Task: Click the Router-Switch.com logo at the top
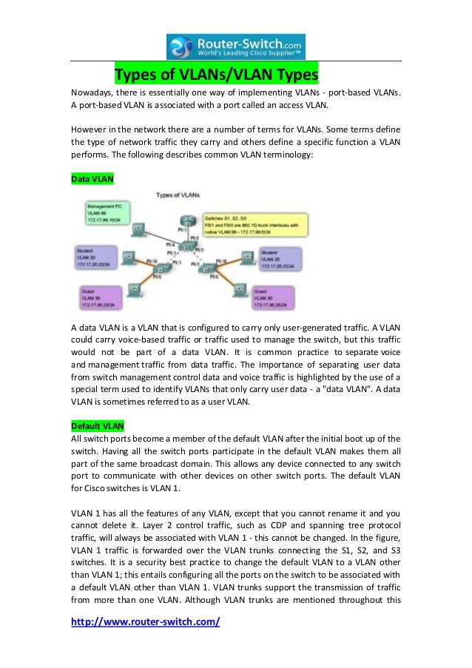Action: tap(236, 46)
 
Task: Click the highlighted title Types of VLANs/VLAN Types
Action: tap(215, 76)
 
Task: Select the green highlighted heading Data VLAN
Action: tap(92, 179)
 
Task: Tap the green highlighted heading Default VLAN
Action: tap(98, 425)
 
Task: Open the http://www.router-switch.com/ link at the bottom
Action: tap(145, 622)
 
